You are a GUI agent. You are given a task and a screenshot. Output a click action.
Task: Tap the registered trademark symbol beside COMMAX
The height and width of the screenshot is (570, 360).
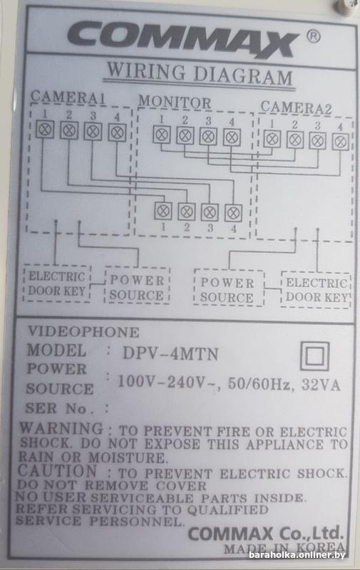[314, 36]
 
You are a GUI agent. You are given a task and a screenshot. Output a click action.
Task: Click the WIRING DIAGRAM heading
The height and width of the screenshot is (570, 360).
[200, 75]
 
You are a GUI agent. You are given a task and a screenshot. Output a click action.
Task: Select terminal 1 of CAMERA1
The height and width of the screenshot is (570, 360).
[45, 130]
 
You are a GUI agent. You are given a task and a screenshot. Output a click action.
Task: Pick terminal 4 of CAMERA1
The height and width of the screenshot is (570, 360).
[117, 132]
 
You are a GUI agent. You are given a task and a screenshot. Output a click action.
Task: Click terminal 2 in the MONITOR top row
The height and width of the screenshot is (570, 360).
[185, 135]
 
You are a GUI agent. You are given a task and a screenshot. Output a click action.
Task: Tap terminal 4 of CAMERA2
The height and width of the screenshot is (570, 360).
[340, 141]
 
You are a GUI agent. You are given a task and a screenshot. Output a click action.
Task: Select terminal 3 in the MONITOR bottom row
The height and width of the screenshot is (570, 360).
[210, 212]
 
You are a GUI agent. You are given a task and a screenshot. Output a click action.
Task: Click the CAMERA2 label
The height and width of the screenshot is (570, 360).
[296, 108]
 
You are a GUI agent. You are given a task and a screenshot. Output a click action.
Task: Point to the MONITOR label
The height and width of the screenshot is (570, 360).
[175, 102]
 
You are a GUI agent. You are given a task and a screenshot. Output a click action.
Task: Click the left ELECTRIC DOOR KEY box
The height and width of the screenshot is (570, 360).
[57, 284]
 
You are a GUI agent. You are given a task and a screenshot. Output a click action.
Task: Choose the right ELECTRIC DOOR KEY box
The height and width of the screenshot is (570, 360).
[316, 290]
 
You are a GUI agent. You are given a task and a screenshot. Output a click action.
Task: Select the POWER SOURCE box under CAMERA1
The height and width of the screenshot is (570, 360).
[137, 286]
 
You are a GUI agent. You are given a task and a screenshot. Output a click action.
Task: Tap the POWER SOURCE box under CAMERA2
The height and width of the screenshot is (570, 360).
[228, 289]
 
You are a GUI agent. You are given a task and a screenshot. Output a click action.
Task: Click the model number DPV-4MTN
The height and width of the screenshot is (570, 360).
[170, 353]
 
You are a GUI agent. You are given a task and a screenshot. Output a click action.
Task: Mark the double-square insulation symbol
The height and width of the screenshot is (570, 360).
[315, 356]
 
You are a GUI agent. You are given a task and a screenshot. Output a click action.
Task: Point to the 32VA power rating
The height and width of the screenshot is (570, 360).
[321, 385]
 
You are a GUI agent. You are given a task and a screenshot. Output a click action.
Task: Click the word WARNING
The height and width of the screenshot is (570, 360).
[61, 428]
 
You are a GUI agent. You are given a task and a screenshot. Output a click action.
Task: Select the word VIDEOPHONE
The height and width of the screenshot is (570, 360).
[83, 332]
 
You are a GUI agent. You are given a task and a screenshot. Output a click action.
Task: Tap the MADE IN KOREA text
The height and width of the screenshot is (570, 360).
[284, 548]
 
